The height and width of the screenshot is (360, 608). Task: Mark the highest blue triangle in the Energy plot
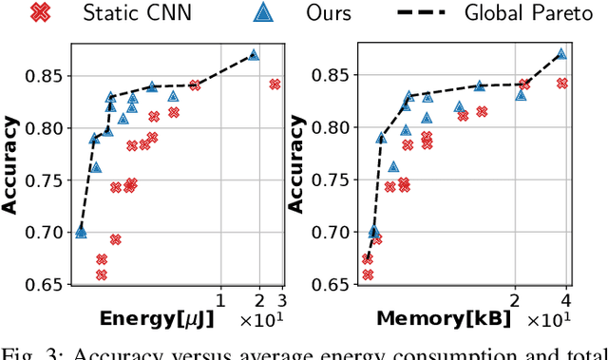tap(254, 55)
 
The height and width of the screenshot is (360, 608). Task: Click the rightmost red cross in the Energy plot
tap(275, 84)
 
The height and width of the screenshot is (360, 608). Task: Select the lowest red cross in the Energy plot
tap(102, 275)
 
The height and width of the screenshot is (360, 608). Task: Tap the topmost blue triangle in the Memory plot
tap(560, 54)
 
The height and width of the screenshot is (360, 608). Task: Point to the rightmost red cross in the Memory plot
tap(561, 84)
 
